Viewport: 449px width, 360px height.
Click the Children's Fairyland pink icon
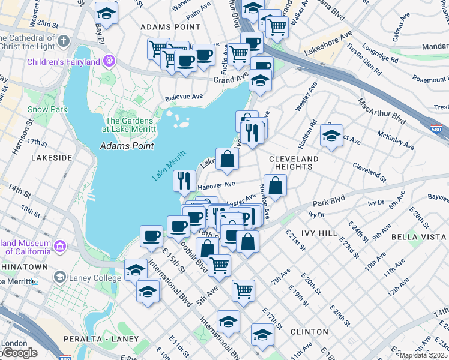pos(109,61)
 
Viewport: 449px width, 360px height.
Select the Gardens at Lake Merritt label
pos(131,124)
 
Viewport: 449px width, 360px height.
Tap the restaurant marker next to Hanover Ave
pos(184,180)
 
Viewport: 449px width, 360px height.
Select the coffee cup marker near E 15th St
pos(151,235)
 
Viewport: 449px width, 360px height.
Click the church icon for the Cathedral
pos(64,41)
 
